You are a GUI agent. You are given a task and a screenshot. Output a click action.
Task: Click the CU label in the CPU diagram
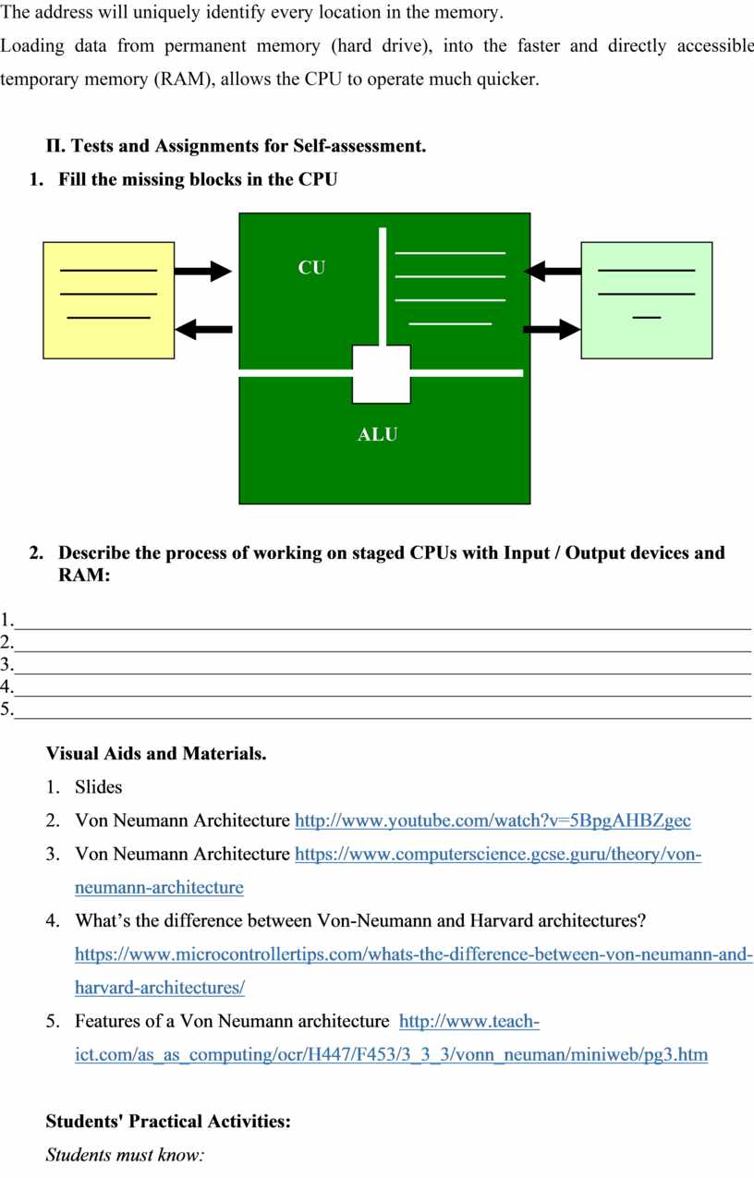pyautogui.click(x=311, y=268)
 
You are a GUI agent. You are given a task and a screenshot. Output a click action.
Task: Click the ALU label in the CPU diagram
pyautogui.click(x=377, y=434)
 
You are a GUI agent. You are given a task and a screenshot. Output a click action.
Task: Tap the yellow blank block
pyautogui.click(x=108, y=299)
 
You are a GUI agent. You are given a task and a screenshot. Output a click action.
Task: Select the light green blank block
pyautogui.click(x=646, y=299)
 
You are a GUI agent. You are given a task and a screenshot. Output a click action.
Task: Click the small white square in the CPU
pyautogui.click(x=382, y=375)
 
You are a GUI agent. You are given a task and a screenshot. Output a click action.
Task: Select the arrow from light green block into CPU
pyautogui.click(x=552, y=271)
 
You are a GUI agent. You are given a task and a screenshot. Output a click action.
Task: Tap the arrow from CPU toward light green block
pyautogui.click(x=552, y=328)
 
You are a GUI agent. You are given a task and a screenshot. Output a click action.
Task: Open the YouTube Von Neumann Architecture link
pyautogui.click(x=493, y=820)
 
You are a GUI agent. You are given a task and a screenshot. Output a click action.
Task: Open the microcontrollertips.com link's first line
pyautogui.click(x=413, y=953)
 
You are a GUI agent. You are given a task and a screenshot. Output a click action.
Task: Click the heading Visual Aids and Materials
pyautogui.click(x=156, y=753)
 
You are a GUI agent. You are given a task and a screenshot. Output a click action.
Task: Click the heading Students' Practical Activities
pyautogui.click(x=168, y=1122)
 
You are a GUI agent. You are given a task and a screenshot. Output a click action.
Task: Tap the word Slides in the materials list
pyautogui.click(x=98, y=787)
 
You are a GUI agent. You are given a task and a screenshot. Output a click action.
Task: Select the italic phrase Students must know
pyautogui.click(x=125, y=1155)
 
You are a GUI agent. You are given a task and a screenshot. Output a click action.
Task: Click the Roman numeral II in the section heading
pyautogui.click(x=53, y=146)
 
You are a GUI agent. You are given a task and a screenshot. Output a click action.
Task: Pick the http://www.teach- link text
pyautogui.click(x=469, y=1021)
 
